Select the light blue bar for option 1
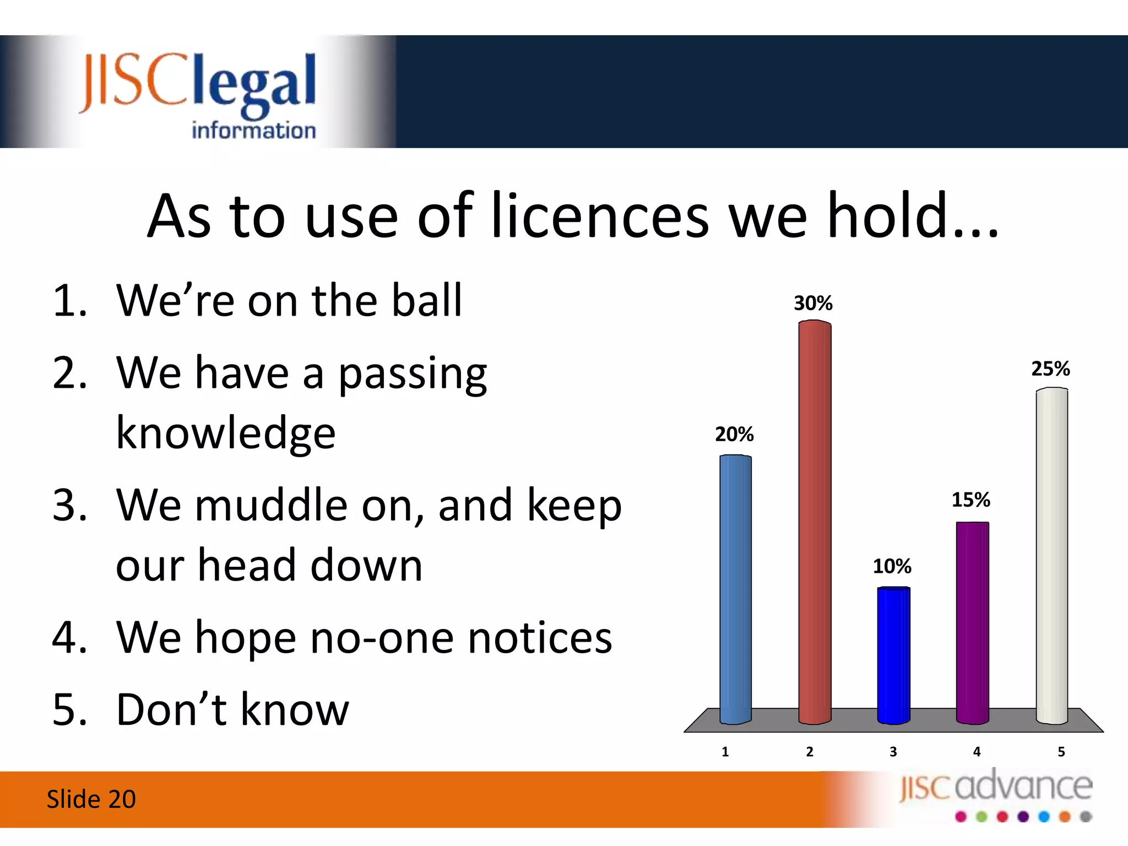click(x=735, y=589)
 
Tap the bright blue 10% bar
click(x=893, y=655)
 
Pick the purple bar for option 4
click(x=972, y=622)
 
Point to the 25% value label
click(x=1050, y=368)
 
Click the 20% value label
click(x=734, y=434)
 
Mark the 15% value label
click(x=971, y=500)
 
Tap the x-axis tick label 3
click(x=893, y=751)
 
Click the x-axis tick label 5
click(x=1061, y=751)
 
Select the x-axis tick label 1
click(x=725, y=751)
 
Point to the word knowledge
click(x=226, y=433)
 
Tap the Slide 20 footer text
click(x=91, y=799)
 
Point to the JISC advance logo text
click(x=996, y=787)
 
